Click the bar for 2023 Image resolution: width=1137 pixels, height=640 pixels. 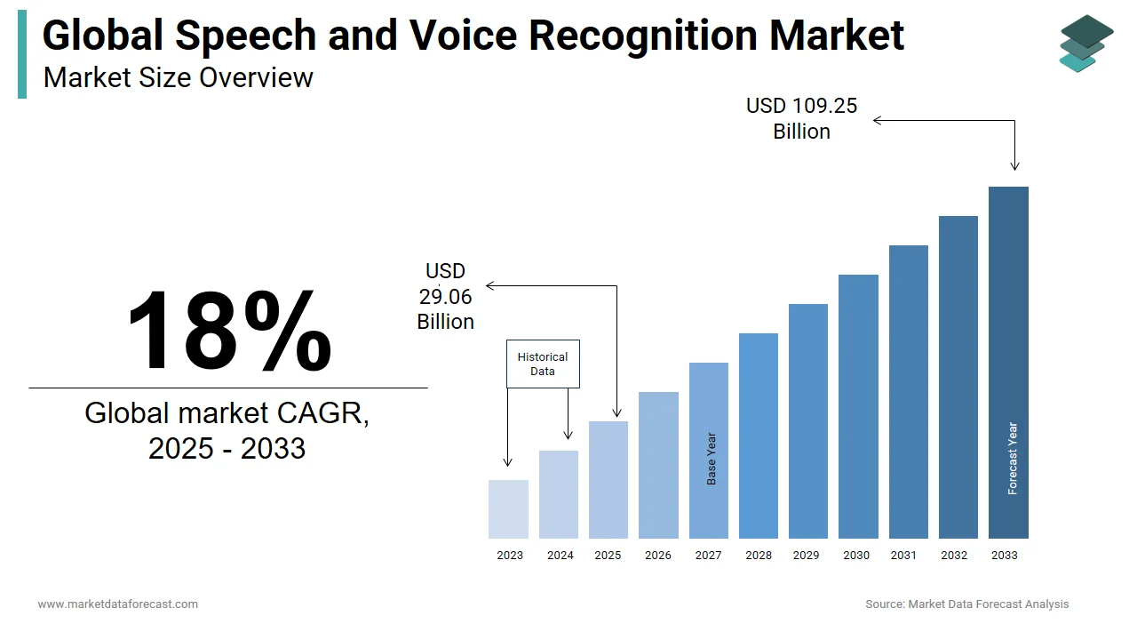pyautogui.click(x=508, y=509)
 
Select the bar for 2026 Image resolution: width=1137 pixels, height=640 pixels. pyautogui.click(x=658, y=465)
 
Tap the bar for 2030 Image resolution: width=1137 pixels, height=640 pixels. pyautogui.click(x=858, y=406)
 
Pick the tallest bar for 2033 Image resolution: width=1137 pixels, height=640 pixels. pyautogui.click(x=1008, y=362)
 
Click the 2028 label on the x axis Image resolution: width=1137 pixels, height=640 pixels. pyautogui.click(x=759, y=556)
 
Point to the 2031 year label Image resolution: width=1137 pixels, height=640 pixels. pyautogui.click(x=903, y=556)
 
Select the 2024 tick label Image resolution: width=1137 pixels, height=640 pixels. pyautogui.click(x=560, y=556)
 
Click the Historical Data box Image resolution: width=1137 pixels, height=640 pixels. pyautogui.click(x=543, y=364)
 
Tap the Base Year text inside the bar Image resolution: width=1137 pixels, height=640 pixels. pyautogui.click(x=712, y=459)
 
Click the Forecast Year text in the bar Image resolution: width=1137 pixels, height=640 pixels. pyautogui.click(x=1013, y=459)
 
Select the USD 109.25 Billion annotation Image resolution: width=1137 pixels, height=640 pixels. pyautogui.click(x=801, y=118)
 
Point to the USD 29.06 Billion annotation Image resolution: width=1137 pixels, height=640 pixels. pyautogui.click(x=445, y=296)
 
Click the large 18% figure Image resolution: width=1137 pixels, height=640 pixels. pyautogui.click(x=228, y=331)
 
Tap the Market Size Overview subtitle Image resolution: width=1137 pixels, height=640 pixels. pyautogui.click(x=178, y=77)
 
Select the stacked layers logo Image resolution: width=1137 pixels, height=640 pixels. pyautogui.click(x=1085, y=43)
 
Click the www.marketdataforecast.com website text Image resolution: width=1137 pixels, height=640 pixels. pyautogui.click(x=117, y=604)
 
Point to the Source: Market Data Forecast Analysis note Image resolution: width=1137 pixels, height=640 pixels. pyautogui.click(x=966, y=604)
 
